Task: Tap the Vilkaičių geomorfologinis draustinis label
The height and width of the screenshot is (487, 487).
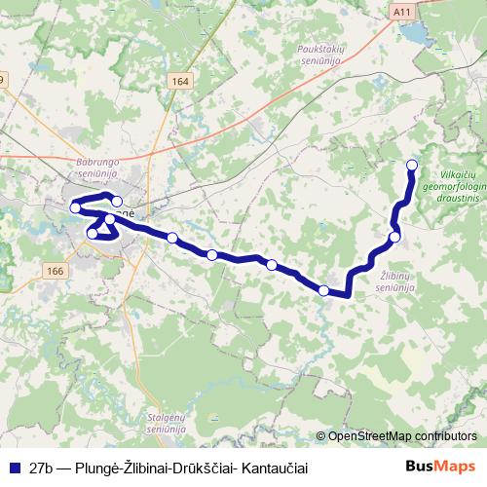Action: (x=456, y=181)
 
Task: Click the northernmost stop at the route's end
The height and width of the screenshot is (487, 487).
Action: (x=411, y=165)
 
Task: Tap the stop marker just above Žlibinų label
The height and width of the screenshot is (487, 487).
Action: (x=394, y=237)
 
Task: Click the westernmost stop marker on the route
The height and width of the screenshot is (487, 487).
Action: (x=74, y=206)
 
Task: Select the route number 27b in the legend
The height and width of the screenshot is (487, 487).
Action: (x=42, y=468)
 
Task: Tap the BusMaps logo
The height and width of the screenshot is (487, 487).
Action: (x=442, y=467)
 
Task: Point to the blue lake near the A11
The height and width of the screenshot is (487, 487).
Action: (x=413, y=35)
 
